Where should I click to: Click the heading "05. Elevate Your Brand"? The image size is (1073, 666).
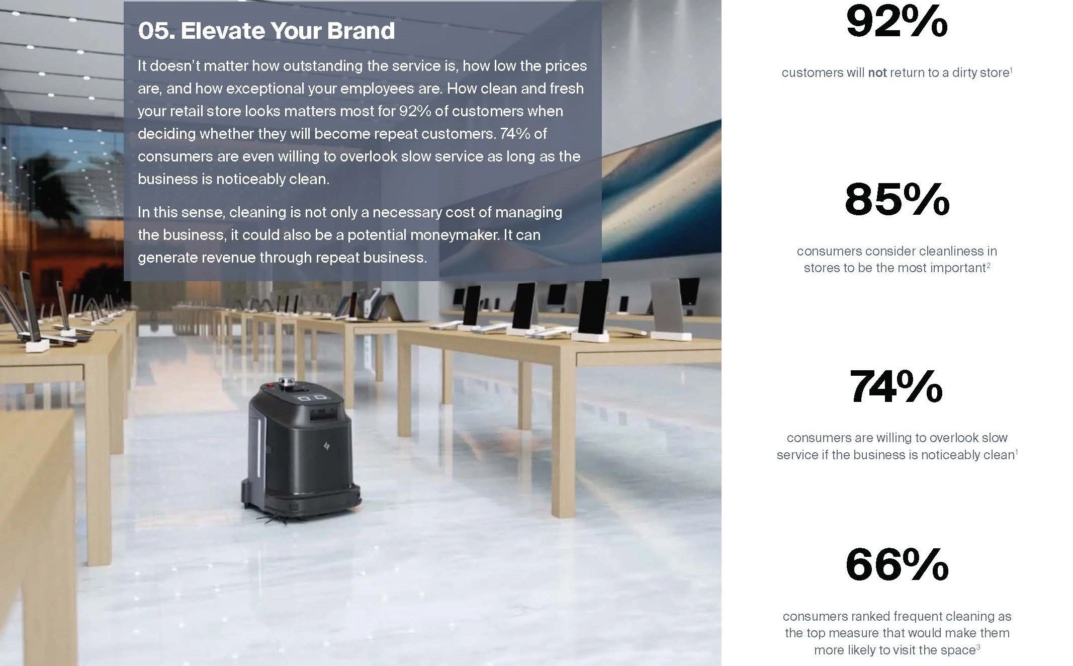click(x=266, y=31)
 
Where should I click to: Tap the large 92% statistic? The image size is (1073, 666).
click(x=897, y=22)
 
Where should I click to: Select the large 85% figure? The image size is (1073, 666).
click(x=897, y=200)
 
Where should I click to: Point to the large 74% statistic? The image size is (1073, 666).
click(x=896, y=386)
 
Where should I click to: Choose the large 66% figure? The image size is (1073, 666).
click(x=897, y=564)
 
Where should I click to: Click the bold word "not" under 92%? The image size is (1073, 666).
click(x=877, y=73)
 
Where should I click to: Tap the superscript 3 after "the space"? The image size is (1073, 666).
click(x=978, y=647)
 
